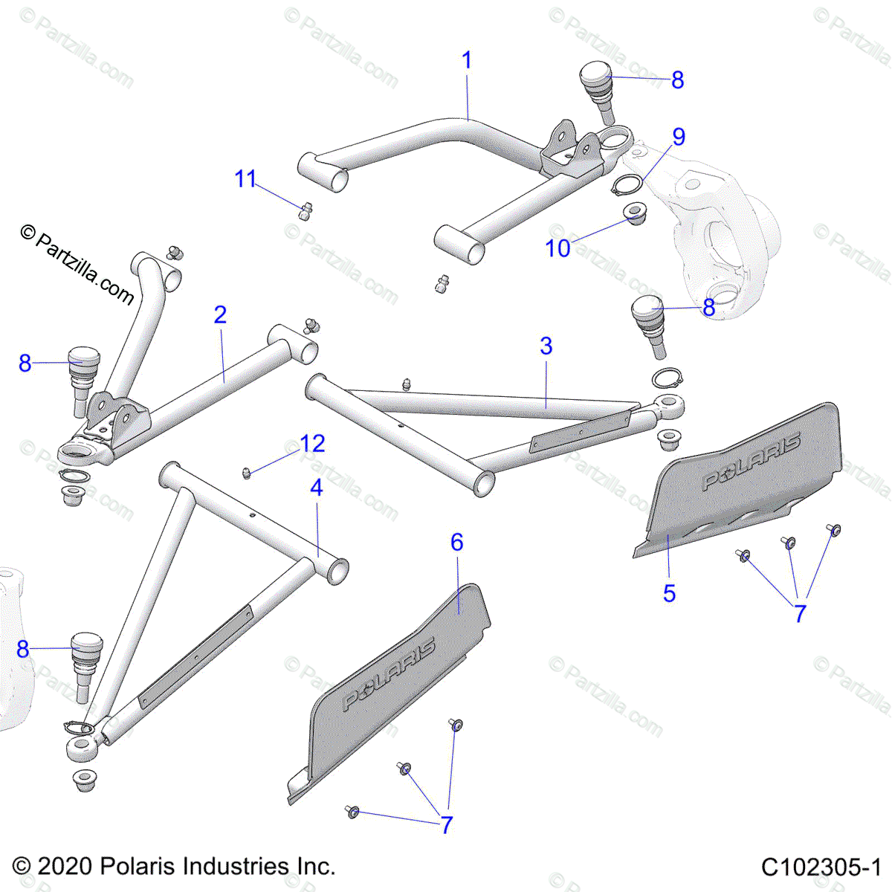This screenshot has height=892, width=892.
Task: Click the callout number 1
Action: [467, 60]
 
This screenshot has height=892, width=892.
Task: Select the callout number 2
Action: [220, 314]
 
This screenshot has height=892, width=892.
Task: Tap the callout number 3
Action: [546, 346]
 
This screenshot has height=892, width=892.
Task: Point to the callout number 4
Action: [317, 488]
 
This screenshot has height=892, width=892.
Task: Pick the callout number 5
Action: [669, 593]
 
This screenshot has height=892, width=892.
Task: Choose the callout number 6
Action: [457, 542]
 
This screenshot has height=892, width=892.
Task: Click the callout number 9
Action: [678, 137]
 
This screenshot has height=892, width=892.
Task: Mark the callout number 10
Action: [557, 248]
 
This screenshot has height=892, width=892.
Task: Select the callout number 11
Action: [245, 179]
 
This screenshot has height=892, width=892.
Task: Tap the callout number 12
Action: [313, 444]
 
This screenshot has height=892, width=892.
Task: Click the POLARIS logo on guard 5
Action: [751, 462]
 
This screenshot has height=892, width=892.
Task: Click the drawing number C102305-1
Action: [821, 867]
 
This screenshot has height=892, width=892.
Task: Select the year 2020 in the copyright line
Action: [64, 867]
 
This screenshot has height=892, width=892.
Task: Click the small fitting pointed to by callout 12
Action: [247, 473]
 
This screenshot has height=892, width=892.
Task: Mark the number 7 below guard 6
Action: [447, 825]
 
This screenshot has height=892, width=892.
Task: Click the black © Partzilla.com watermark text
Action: [78, 265]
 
